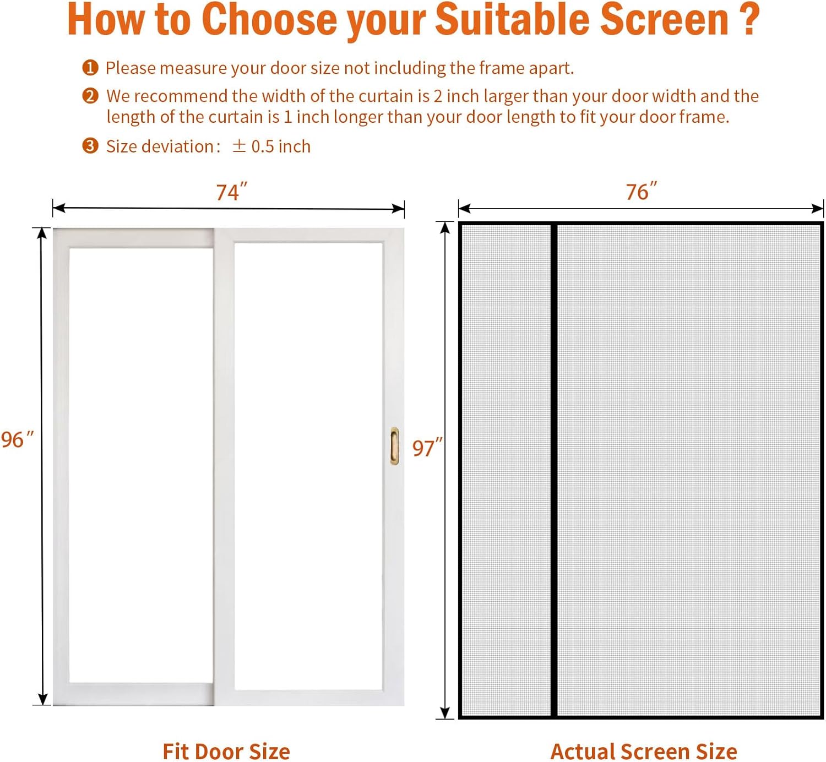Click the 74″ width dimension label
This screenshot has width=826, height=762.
click(x=231, y=192)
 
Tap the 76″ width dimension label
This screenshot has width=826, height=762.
click(x=641, y=192)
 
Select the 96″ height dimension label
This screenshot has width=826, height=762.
click(x=17, y=439)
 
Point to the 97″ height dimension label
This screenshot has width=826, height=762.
click(x=427, y=448)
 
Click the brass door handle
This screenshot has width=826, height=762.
click(x=394, y=446)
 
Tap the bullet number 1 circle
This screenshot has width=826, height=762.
click(x=90, y=68)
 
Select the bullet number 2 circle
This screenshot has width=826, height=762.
click(x=90, y=96)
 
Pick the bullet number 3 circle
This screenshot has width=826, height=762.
click(x=90, y=146)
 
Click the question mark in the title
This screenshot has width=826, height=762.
click(x=748, y=20)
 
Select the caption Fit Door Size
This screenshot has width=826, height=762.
click(x=226, y=752)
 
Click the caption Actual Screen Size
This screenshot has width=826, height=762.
click(x=644, y=752)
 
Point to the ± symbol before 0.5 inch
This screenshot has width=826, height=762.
click(x=239, y=146)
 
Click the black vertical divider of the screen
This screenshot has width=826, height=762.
click(x=554, y=471)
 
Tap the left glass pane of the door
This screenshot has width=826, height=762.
click(x=141, y=465)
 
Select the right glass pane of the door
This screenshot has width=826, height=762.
click(x=308, y=465)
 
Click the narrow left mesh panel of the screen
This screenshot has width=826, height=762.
click(x=506, y=471)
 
